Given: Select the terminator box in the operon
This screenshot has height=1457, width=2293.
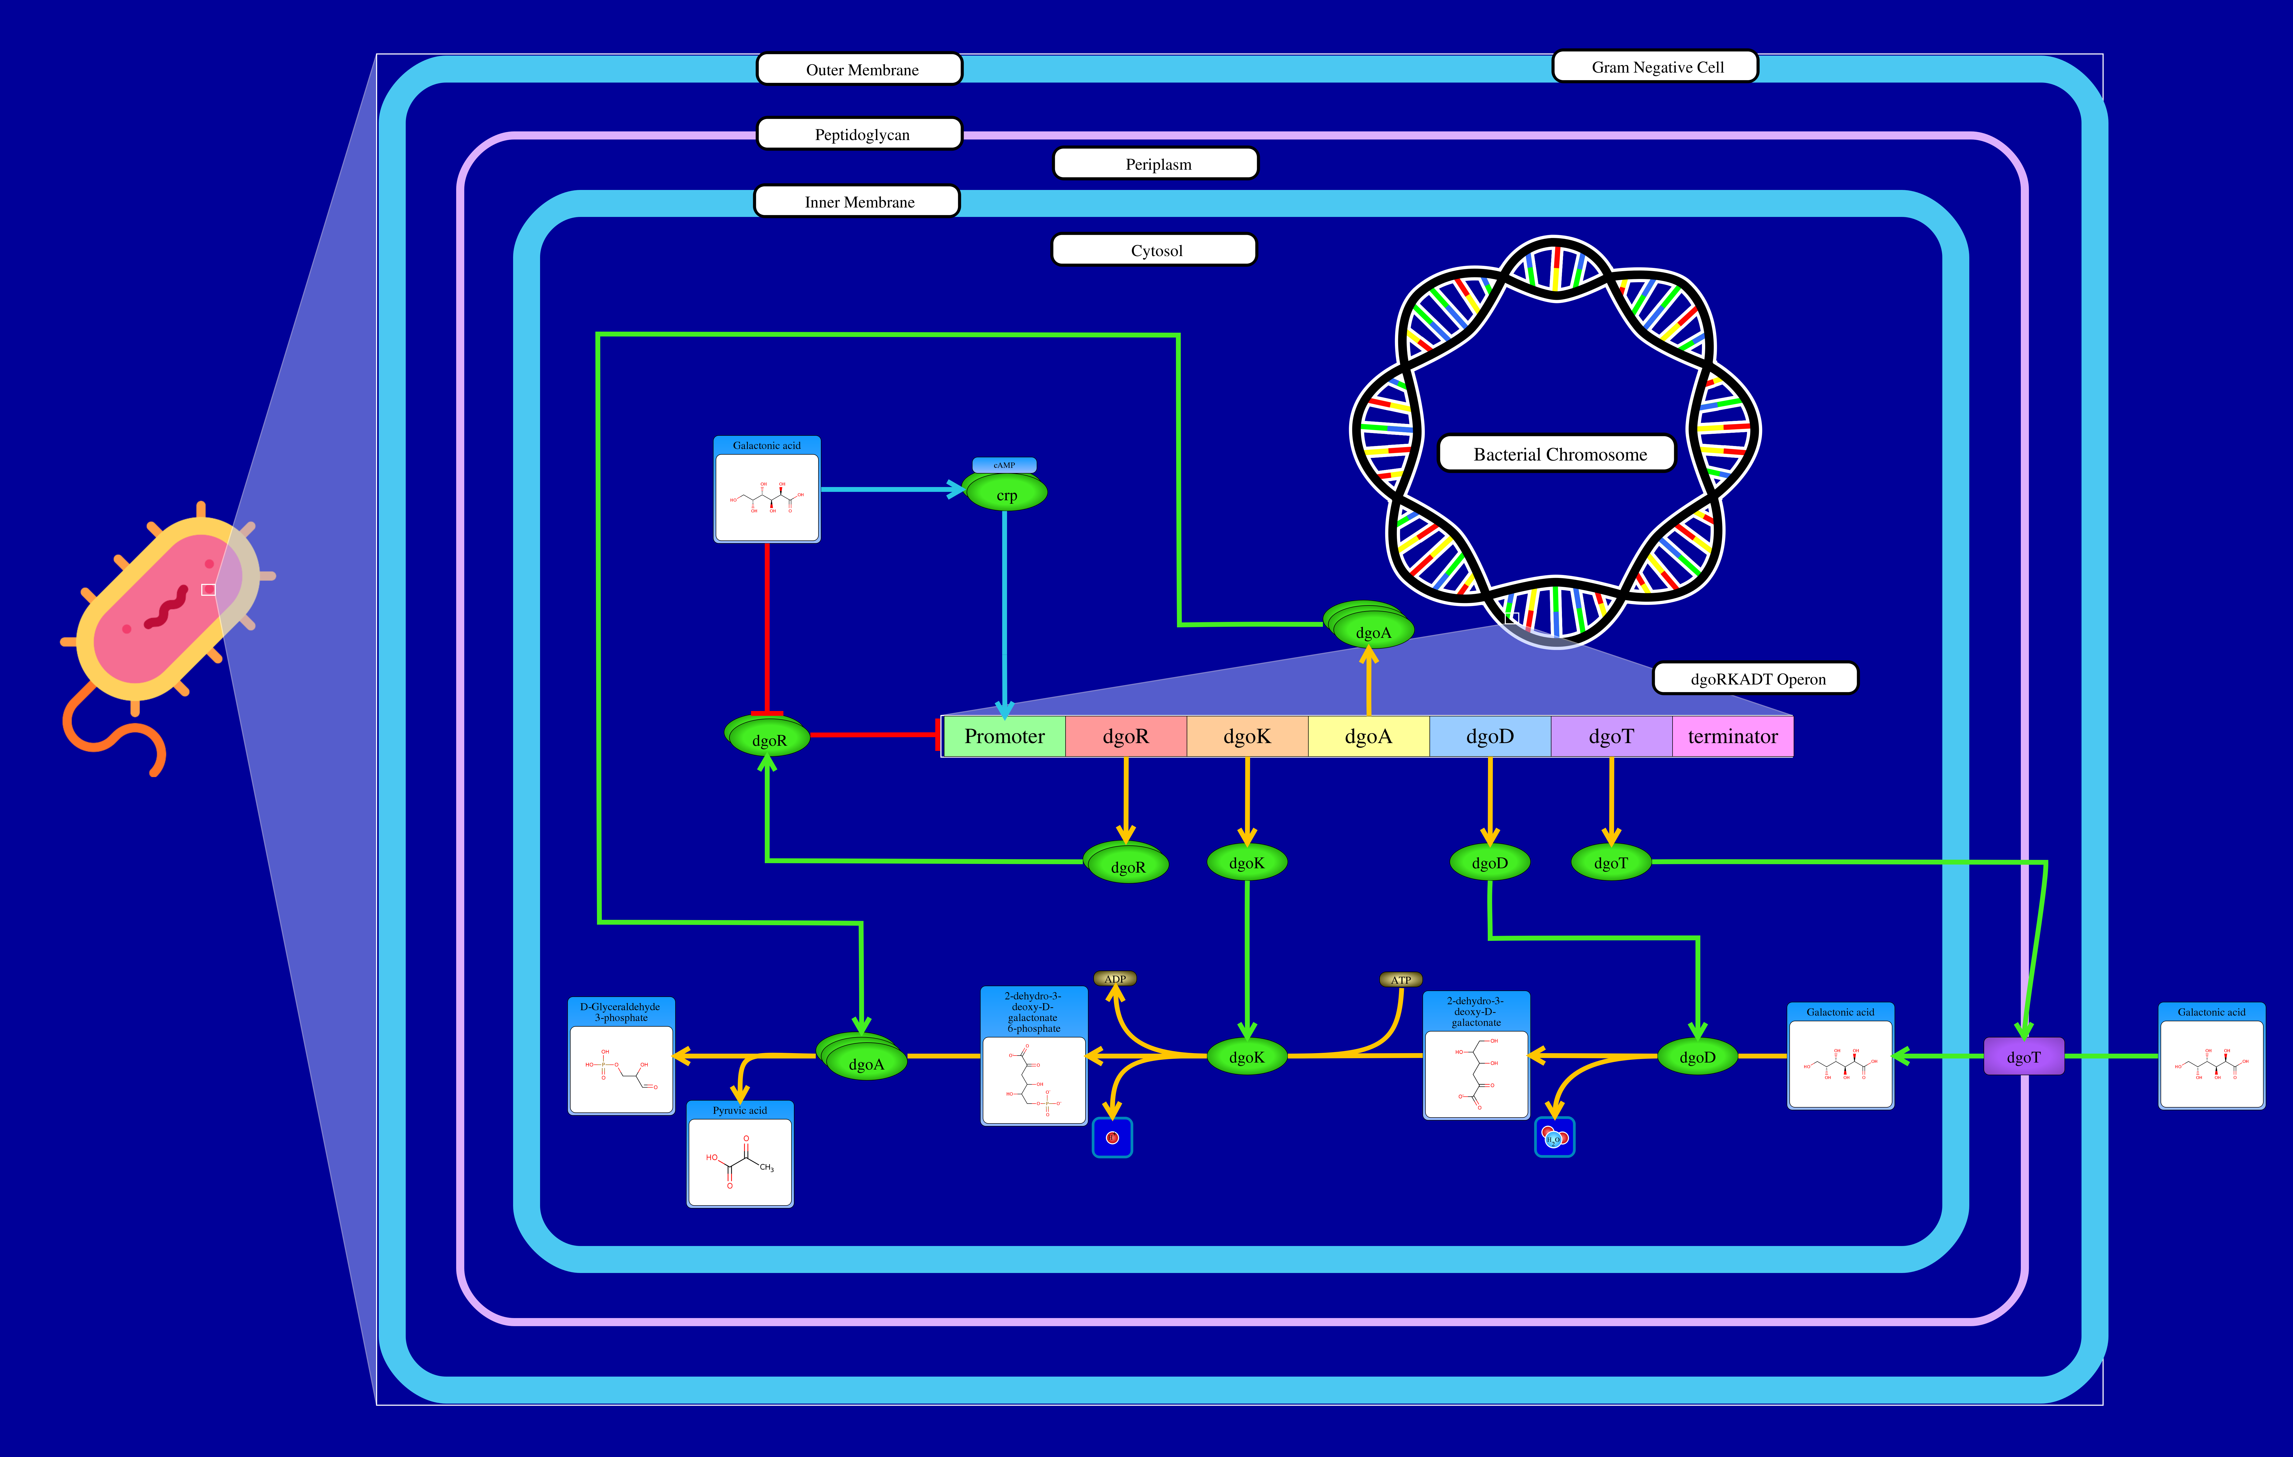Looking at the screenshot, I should pos(1732,736).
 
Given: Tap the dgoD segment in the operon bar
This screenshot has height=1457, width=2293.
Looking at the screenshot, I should pos(1489,736).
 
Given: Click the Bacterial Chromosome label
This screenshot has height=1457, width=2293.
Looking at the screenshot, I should pos(1559,454).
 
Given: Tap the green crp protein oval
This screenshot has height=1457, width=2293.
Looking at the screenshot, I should pos(1006,494).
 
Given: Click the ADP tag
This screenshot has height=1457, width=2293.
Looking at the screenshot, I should pos(1115,979).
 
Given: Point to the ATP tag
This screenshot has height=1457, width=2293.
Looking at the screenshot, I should pos(1401,980).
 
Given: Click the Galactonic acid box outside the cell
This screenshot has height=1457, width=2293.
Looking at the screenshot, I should pos(2211,1057).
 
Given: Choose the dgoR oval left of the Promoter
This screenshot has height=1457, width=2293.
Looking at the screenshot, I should pos(769,739).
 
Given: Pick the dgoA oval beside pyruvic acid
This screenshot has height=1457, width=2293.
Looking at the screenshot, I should pos(865,1063).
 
